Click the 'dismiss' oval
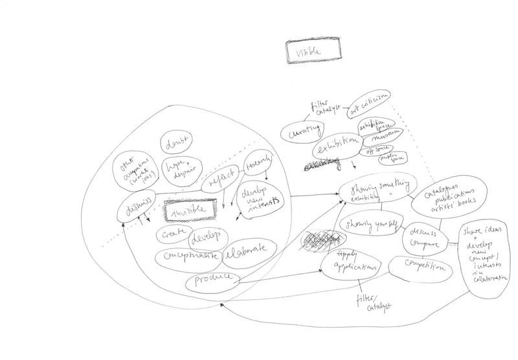pos(137,207)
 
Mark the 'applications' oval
pos(352,267)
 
